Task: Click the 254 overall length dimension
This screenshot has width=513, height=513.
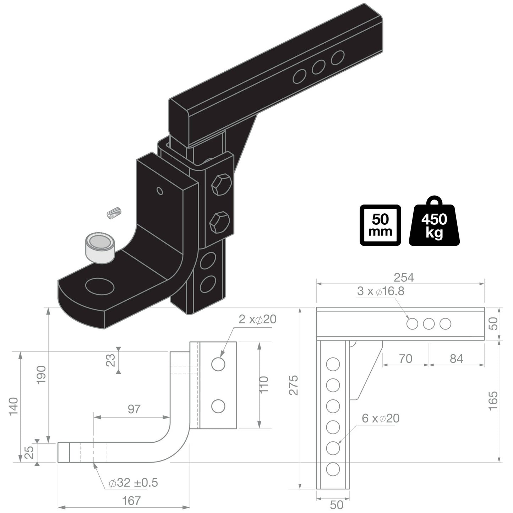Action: pos(404,277)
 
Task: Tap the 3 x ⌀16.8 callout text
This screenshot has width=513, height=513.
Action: pos(381,291)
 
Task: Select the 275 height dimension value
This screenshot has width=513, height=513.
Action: pos(294,385)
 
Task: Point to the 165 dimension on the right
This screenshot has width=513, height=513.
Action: pos(493,401)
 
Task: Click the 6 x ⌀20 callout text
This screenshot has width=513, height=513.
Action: pos(381,419)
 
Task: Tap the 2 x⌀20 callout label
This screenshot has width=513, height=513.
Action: pos(257,320)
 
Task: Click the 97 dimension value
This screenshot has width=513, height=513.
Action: pos(134,409)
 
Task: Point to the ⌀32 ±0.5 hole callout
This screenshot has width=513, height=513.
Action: pos(133,483)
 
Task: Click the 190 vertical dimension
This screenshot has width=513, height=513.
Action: pos(42,375)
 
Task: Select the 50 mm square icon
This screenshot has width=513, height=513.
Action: pos(380,225)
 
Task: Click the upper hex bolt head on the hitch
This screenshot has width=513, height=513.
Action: pos(221,185)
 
